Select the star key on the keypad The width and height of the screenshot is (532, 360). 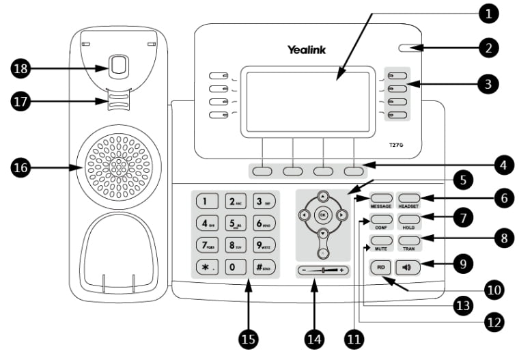pos(206,266)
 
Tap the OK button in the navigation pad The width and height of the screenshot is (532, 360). pos(323,215)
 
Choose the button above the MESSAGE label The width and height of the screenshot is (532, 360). pos(381,197)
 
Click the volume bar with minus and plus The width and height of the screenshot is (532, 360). pos(323,270)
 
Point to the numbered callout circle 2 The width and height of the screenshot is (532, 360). pos(488,49)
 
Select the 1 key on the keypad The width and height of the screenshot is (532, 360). pos(206,201)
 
